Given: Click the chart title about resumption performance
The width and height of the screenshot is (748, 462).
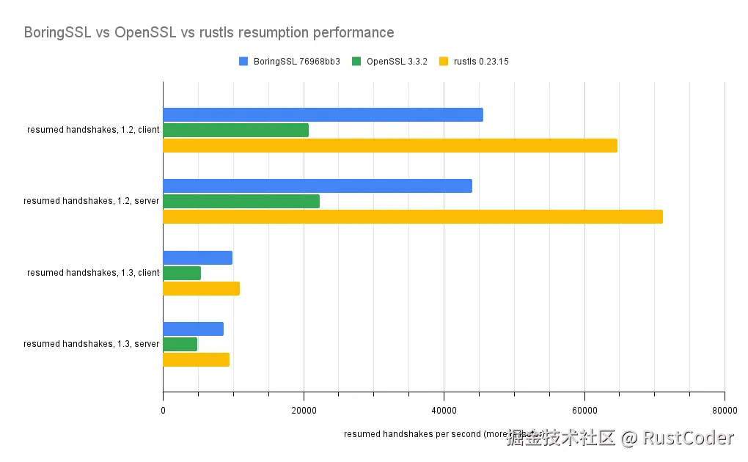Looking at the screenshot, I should [x=209, y=33].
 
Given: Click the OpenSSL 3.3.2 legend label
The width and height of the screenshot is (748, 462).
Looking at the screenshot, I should [x=397, y=62].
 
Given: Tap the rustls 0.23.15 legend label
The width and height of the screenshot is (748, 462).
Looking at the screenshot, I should [x=481, y=62].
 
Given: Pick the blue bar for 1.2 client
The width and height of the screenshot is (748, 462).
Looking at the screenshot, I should [x=323, y=114].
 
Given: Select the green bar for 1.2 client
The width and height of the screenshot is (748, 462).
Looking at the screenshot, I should [x=235, y=130].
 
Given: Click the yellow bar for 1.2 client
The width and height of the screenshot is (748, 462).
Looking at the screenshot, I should [x=389, y=145].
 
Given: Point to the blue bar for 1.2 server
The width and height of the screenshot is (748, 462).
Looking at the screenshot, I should [x=317, y=186].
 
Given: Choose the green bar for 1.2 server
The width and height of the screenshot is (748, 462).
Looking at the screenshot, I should [x=241, y=201].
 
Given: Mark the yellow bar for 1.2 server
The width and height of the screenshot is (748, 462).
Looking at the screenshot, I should [x=412, y=216].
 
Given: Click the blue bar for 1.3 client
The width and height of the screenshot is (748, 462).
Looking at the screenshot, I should [x=197, y=257].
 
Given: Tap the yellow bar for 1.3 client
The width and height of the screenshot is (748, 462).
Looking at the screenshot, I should [x=201, y=288].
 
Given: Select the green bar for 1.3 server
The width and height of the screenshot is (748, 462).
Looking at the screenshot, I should [x=180, y=344].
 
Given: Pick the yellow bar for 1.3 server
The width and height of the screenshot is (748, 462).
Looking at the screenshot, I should [x=196, y=359].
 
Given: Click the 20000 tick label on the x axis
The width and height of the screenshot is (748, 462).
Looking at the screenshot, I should [x=304, y=410].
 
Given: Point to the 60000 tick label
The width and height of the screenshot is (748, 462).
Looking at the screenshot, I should [x=584, y=410].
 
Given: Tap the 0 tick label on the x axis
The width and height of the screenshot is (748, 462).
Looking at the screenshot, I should [x=163, y=410].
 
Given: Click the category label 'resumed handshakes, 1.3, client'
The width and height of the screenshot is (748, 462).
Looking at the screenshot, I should [x=93, y=273].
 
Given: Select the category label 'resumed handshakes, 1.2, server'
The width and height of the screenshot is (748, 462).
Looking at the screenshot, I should [x=92, y=201].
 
